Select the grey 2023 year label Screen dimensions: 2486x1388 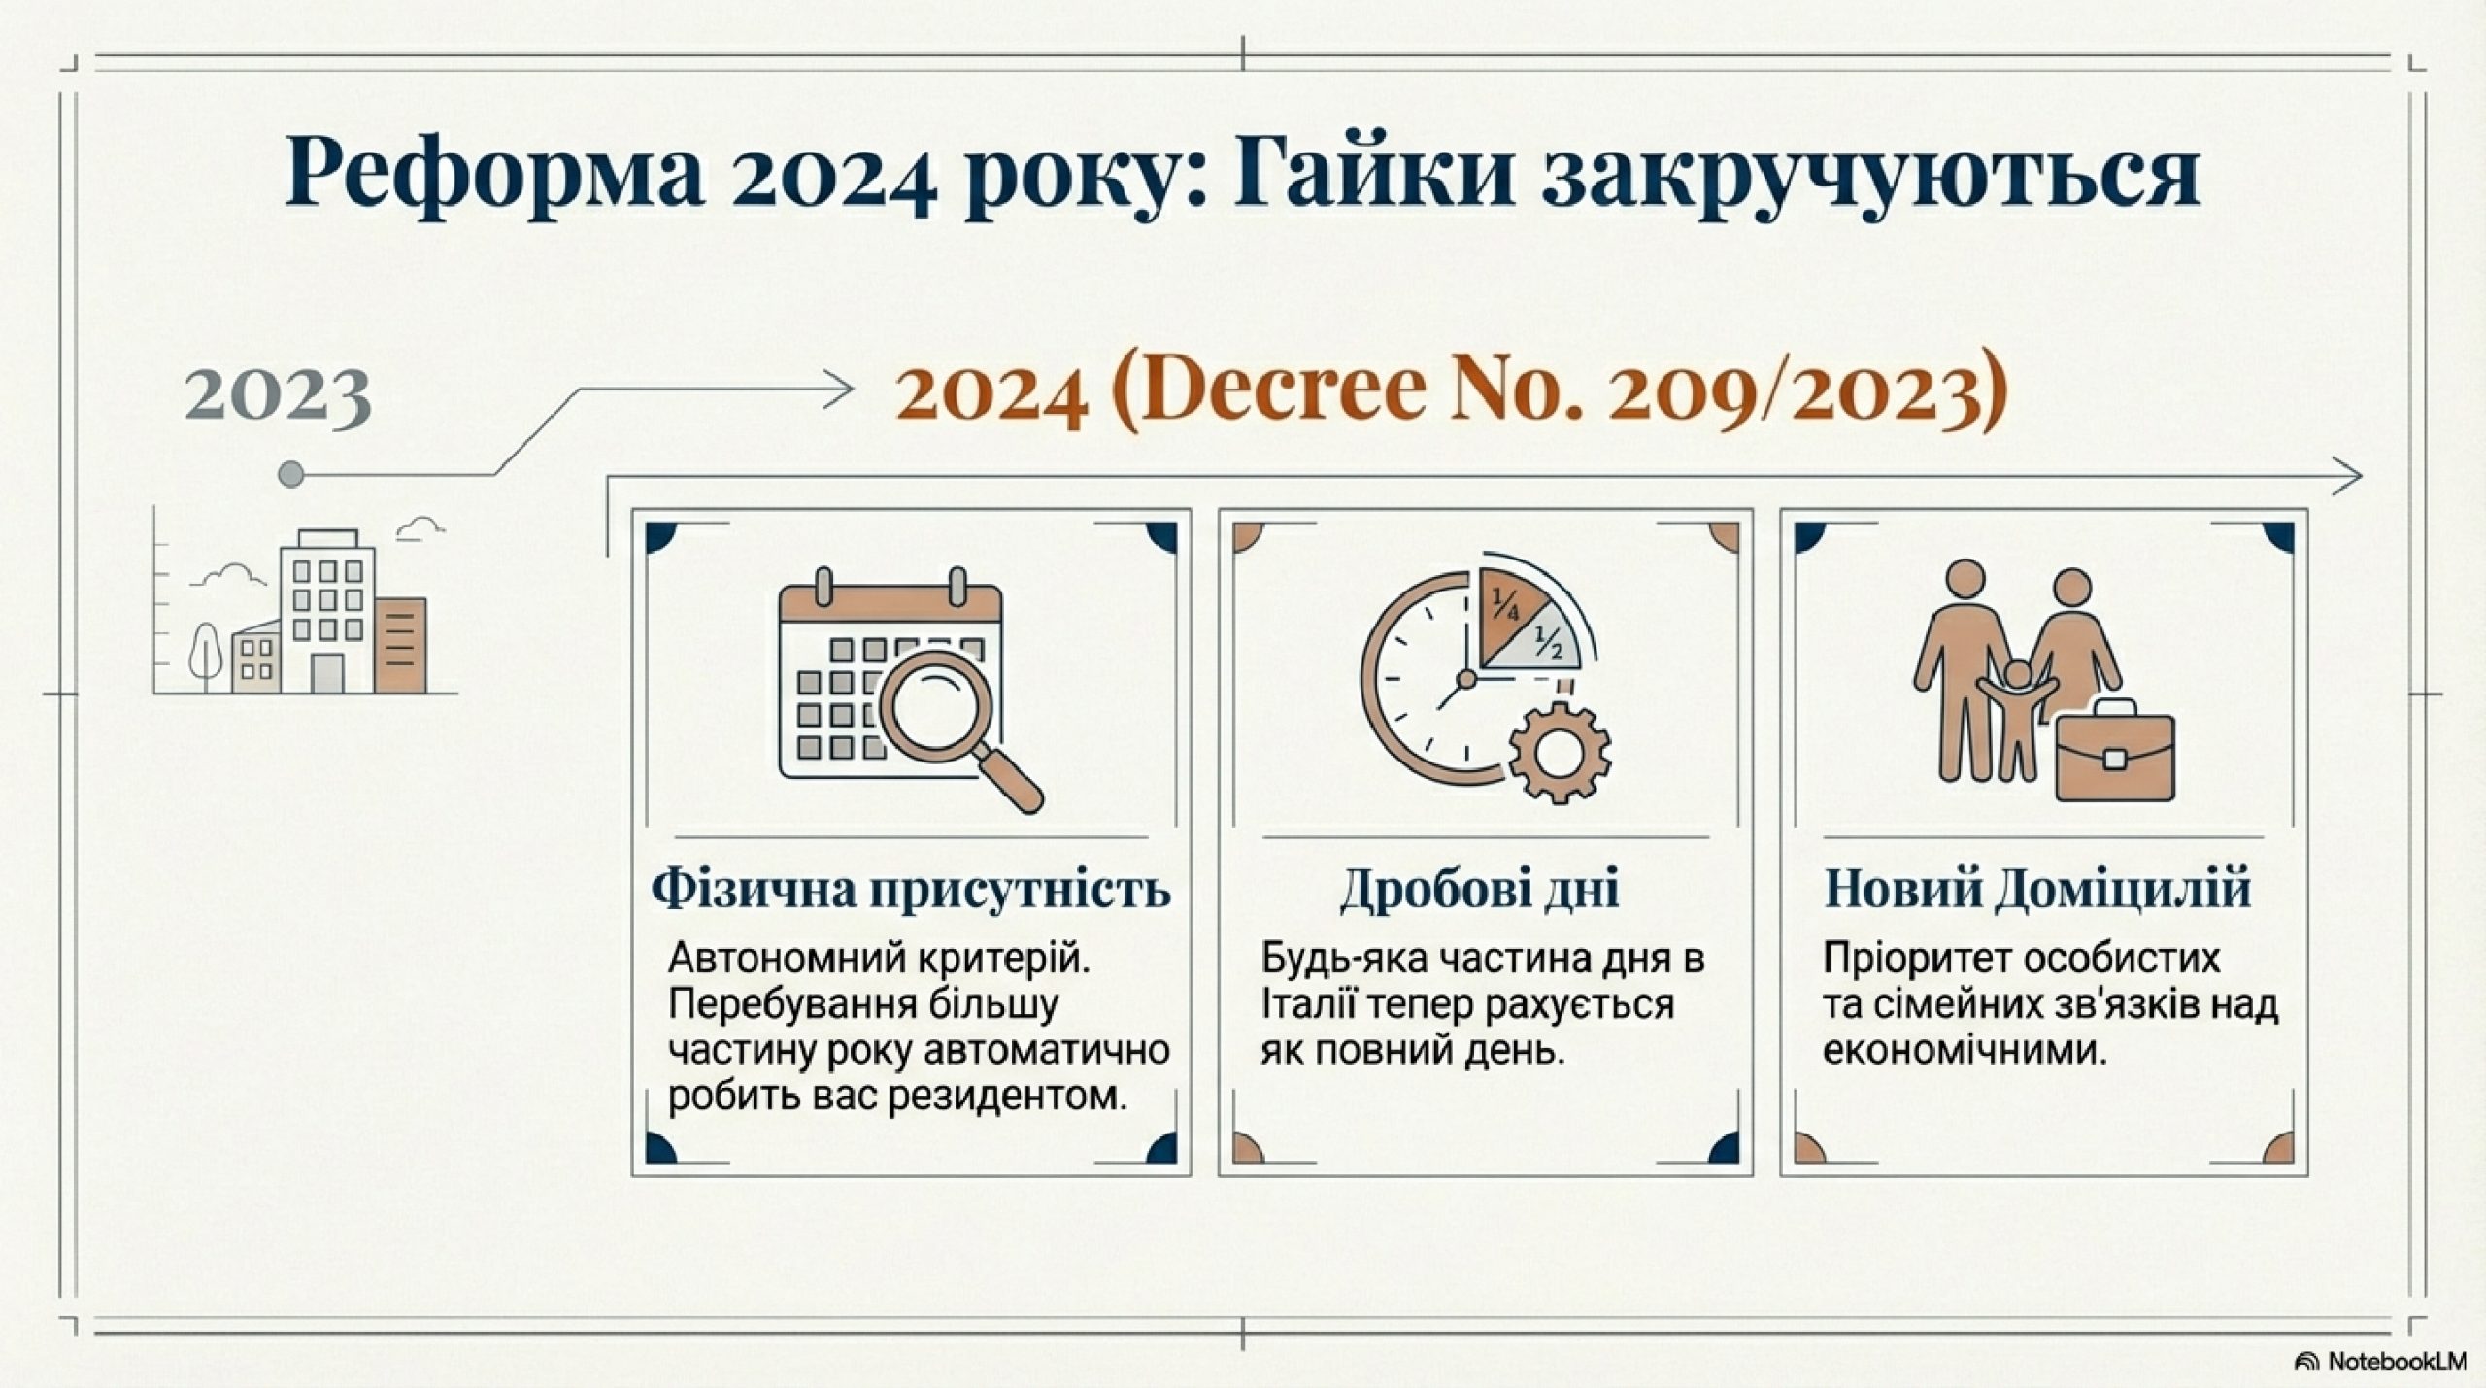pos(278,396)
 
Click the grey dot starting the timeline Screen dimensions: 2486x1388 pos(290,475)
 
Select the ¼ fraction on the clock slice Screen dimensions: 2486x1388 pos(1506,608)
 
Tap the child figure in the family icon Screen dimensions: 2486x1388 pos(2017,718)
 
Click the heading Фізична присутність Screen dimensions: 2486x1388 pos(911,891)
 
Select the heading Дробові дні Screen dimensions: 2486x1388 pos(1479,891)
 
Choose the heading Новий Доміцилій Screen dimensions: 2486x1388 pos(2038,890)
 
